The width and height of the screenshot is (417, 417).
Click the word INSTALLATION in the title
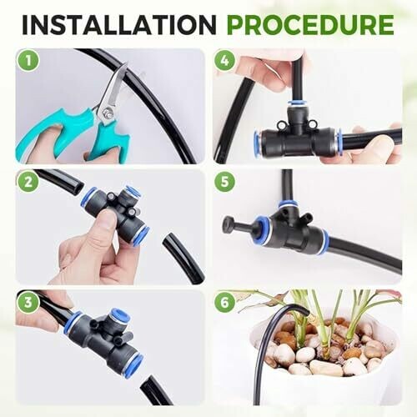point(119,24)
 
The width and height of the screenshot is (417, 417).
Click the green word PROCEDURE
point(310,24)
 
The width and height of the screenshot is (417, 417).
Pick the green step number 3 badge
point(28,302)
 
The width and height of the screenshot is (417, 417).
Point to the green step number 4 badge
point(224,61)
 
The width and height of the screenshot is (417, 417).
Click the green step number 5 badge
point(224,181)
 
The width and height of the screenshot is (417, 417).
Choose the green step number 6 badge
point(224,302)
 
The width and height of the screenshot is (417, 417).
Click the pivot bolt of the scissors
point(107,113)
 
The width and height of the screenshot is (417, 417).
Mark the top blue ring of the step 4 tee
point(297,103)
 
